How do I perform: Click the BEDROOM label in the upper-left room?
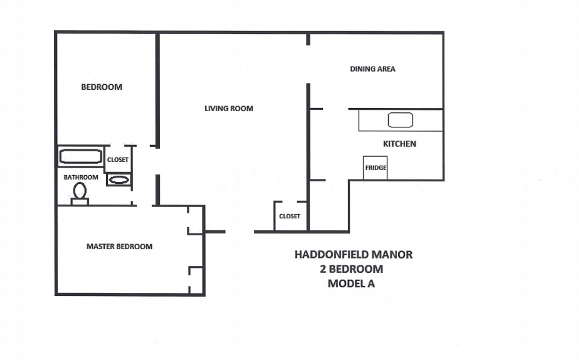coord(102,87)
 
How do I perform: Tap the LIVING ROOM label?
coord(229,108)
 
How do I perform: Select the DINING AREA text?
coord(372,69)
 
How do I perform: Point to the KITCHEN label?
coord(399,144)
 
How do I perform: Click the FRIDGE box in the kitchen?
coord(375,168)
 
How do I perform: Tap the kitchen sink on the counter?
coord(400,120)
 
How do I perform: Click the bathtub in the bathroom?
coord(81,156)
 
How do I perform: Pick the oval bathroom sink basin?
coord(119,180)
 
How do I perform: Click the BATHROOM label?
coord(81,177)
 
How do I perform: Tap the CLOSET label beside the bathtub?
coord(118,160)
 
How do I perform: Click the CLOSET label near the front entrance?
coord(289,216)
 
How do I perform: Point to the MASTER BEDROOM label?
coord(119,246)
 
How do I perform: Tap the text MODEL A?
coord(351,283)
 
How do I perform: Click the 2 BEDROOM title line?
coord(351,269)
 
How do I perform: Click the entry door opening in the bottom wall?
coord(239,232)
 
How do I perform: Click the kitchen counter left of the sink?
coord(373,120)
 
